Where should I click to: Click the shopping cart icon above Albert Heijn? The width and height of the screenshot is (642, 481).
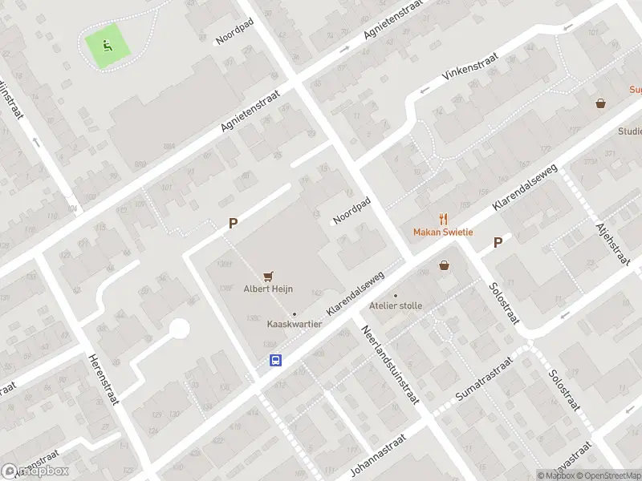[268, 276]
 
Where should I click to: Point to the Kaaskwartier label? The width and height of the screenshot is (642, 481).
[295, 324]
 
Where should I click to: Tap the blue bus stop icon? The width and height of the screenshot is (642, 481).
[275, 360]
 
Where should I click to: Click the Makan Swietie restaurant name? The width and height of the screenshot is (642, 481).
[443, 232]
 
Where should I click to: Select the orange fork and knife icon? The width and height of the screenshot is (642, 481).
[443, 219]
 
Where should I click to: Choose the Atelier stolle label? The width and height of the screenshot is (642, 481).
[395, 305]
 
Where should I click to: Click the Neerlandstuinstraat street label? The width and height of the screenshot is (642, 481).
[390, 365]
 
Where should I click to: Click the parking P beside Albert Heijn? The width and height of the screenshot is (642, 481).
[234, 224]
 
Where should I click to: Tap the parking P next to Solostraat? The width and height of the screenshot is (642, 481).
[498, 242]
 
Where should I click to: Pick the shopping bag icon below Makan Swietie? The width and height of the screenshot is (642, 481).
[444, 265]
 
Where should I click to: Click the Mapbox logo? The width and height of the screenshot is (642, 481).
[35, 471]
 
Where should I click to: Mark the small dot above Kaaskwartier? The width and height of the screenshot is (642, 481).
[295, 313]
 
